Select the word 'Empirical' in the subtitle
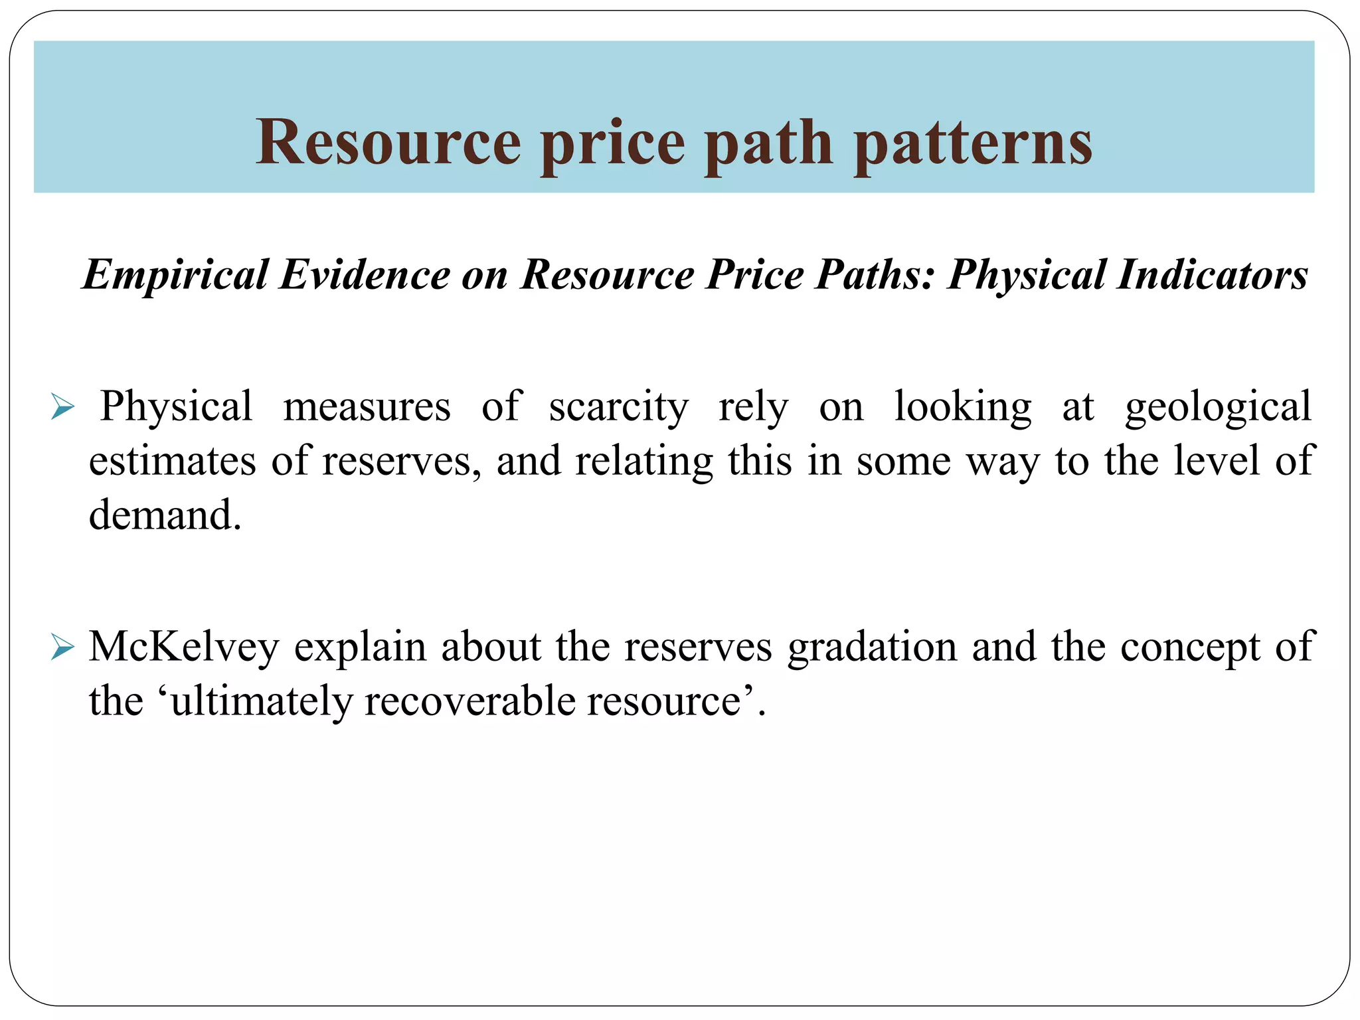point(175,274)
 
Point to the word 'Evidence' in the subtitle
point(365,274)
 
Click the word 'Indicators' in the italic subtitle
point(1212,274)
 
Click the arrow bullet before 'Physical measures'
point(62,406)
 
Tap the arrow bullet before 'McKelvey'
point(62,647)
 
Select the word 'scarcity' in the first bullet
point(618,406)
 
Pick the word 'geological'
point(1218,406)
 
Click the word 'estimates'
point(172,460)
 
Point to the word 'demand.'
point(165,515)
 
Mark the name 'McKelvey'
point(184,647)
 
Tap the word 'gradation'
point(872,647)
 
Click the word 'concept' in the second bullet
point(1190,647)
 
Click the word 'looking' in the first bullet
point(962,406)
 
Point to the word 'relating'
point(643,460)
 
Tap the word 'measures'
point(367,406)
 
